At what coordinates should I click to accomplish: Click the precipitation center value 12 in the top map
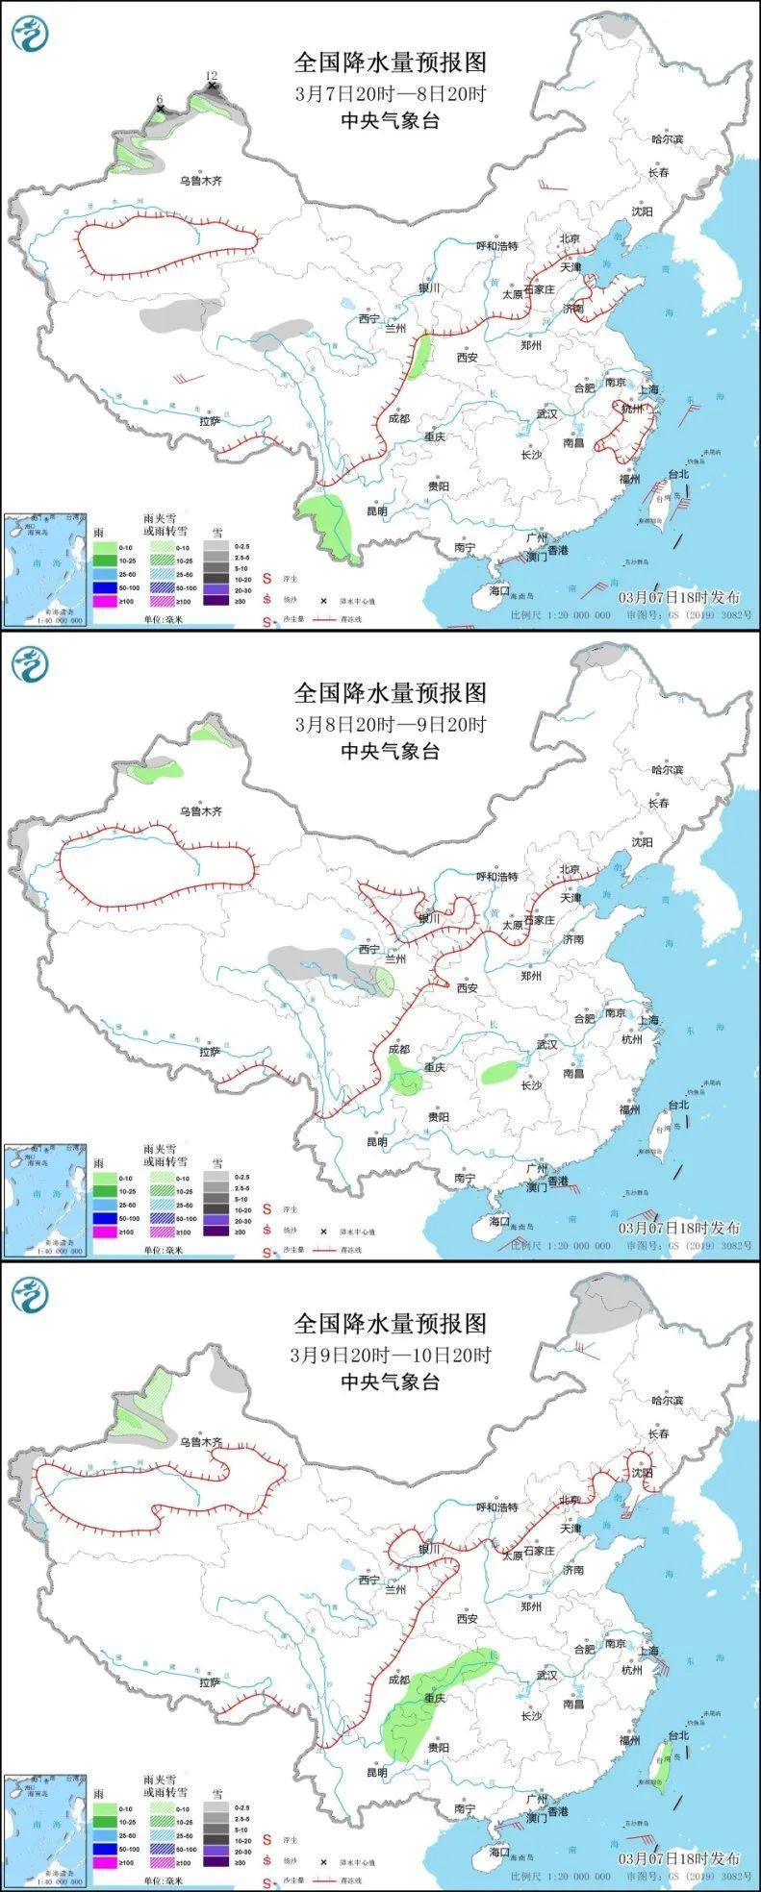(x=212, y=76)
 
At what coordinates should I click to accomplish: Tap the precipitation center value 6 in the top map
(x=160, y=99)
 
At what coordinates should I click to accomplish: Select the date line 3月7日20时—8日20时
(x=391, y=94)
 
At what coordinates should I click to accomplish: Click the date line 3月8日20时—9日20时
(x=391, y=724)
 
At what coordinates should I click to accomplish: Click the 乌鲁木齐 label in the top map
(x=201, y=181)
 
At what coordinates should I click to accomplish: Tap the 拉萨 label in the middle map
(x=211, y=1052)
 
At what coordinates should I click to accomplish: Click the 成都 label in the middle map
(x=398, y=1050)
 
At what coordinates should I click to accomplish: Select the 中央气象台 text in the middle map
(x=391, y=751)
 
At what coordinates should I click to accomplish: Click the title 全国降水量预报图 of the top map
(x=391, y=62)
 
